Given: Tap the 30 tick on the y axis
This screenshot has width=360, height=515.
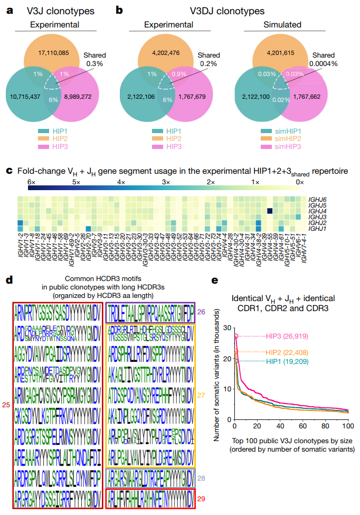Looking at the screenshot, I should click(228, 328).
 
